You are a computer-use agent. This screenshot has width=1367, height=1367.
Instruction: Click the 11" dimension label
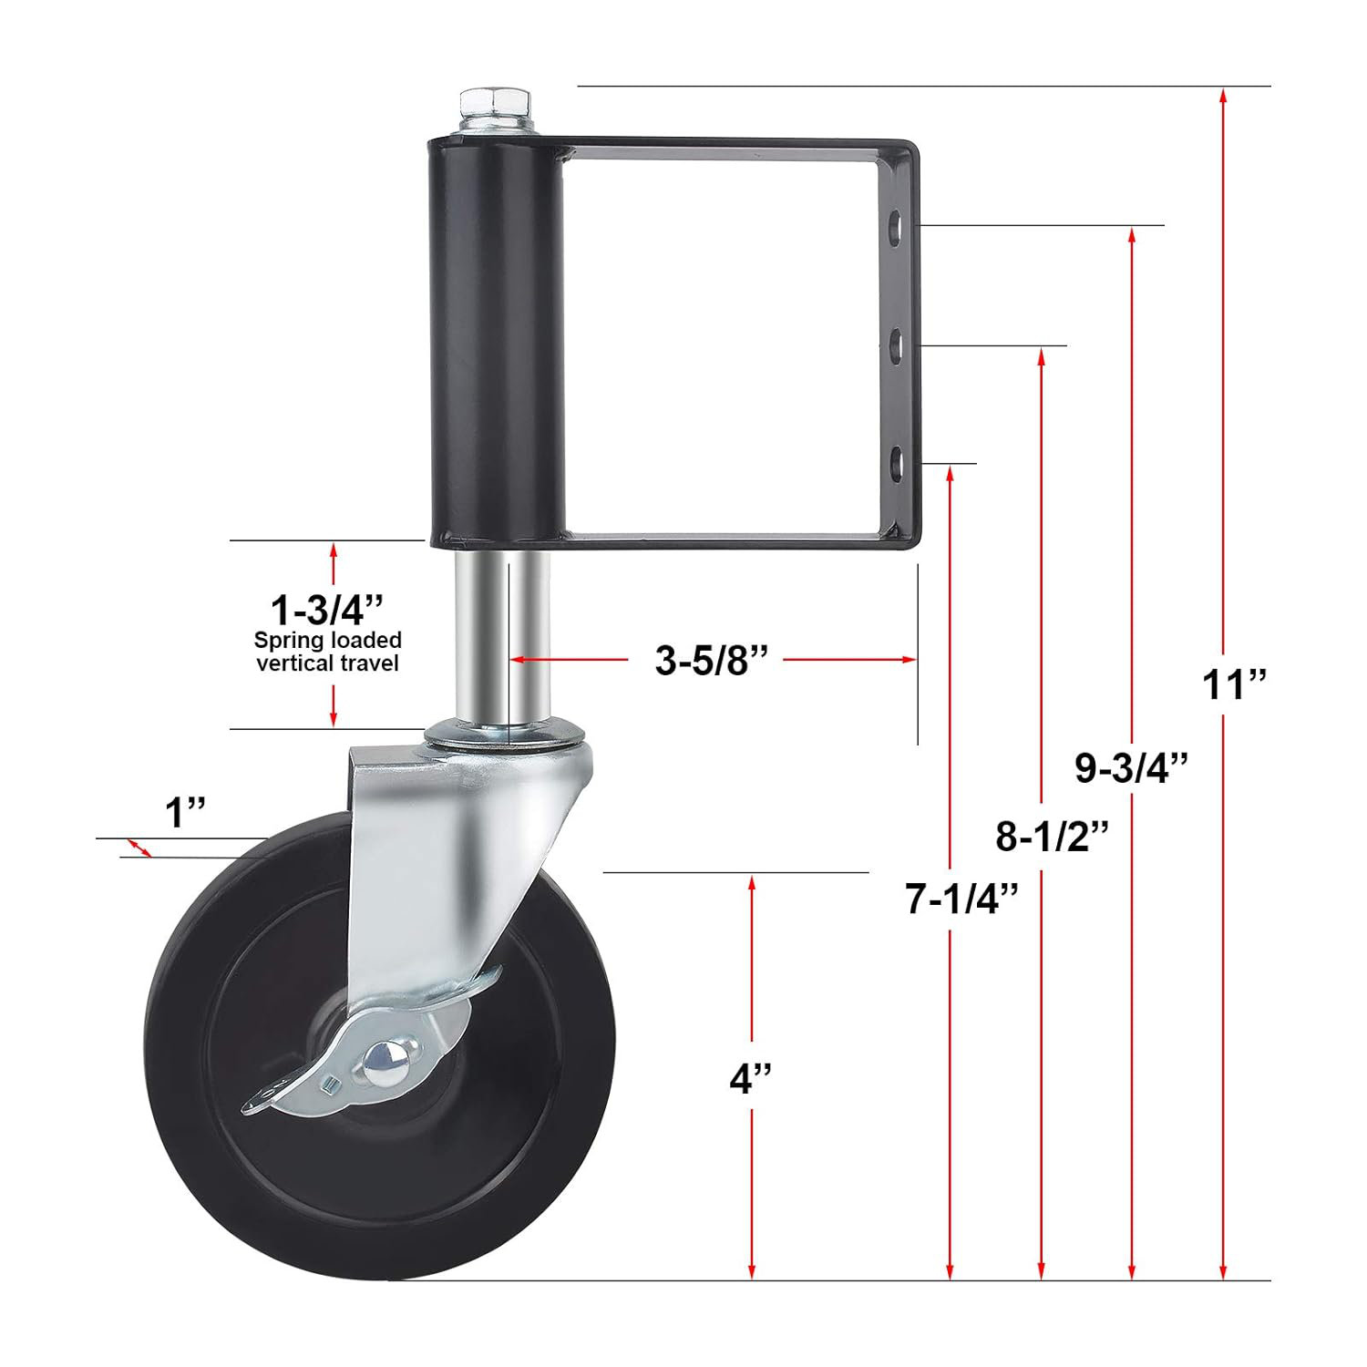coord(1234,684)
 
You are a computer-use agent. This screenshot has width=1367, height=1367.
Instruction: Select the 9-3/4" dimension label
coord(1131,767)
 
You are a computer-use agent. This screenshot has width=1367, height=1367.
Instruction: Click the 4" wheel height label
coord(750,1079)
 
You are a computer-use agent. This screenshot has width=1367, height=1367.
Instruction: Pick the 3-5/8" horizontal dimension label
coord(712,660)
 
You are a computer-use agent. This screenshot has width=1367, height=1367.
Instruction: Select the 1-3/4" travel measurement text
coord(326,609)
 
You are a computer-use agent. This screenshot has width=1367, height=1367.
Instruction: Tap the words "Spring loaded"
coord(327,640)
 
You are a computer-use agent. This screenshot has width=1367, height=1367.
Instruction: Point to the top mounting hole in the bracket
coord(896,226)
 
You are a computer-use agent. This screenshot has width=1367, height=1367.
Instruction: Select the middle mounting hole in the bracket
coord(896,346)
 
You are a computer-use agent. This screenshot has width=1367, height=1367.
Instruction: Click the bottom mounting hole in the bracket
coord(896,463)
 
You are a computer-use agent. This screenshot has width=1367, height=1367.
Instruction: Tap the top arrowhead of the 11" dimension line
coord(1223,94)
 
